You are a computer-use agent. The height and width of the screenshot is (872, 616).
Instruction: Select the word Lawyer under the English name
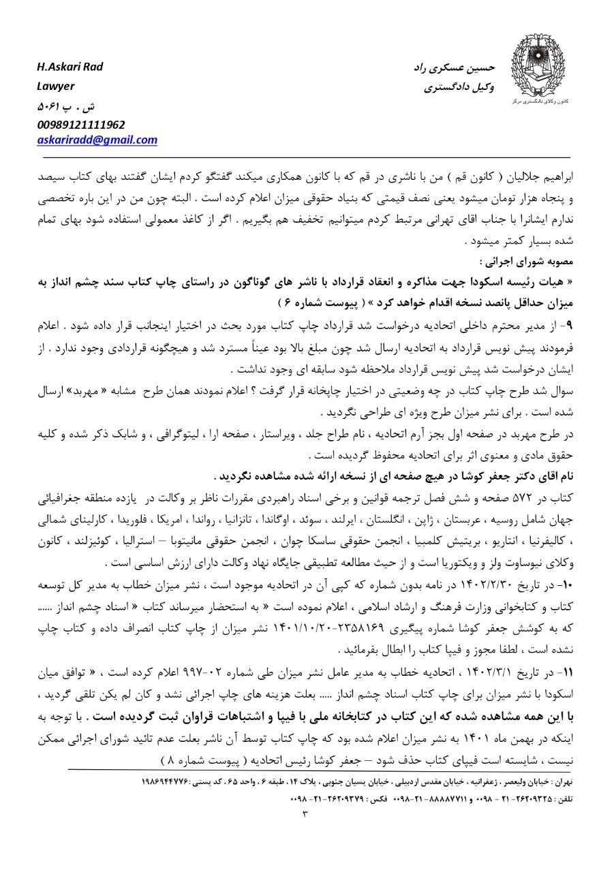point(56,86)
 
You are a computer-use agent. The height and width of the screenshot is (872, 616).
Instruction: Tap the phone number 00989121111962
point(80,125)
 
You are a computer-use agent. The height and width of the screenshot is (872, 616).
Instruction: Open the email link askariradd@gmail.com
point(97,140)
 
